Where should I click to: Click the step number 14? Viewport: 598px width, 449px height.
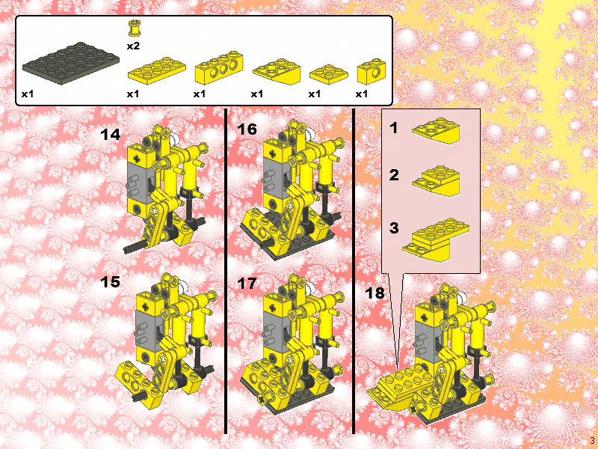pos(110,135)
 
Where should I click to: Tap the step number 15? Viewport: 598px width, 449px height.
pos(110,282)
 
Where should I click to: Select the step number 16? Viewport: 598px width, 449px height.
pos(247,129)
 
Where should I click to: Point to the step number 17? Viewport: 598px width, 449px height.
pos(247,284)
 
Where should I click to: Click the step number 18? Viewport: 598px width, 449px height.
pos(375,293)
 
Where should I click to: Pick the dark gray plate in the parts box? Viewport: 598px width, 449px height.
pos(71,64)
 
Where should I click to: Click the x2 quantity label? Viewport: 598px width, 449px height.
pos(133,46)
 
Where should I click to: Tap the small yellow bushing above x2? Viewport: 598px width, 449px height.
pos(134,28)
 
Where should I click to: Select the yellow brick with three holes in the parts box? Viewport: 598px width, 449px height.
pos(219,67)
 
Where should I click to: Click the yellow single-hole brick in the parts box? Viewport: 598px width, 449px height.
pos(371,71)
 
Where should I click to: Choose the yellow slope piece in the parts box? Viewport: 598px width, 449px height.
pos(277,71)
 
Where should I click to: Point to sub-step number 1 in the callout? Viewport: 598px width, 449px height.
pos(394,128)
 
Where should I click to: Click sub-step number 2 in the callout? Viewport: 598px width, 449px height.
pos(394,175)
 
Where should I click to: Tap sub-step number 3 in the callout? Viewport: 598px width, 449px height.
pos(394,228)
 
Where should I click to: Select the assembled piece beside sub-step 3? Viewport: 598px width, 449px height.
pos(436,239)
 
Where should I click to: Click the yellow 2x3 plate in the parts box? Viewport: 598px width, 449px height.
pos(157,70)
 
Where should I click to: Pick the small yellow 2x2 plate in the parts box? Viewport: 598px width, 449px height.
pos(329,74)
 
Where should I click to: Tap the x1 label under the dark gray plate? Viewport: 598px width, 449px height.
pos(28,94)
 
